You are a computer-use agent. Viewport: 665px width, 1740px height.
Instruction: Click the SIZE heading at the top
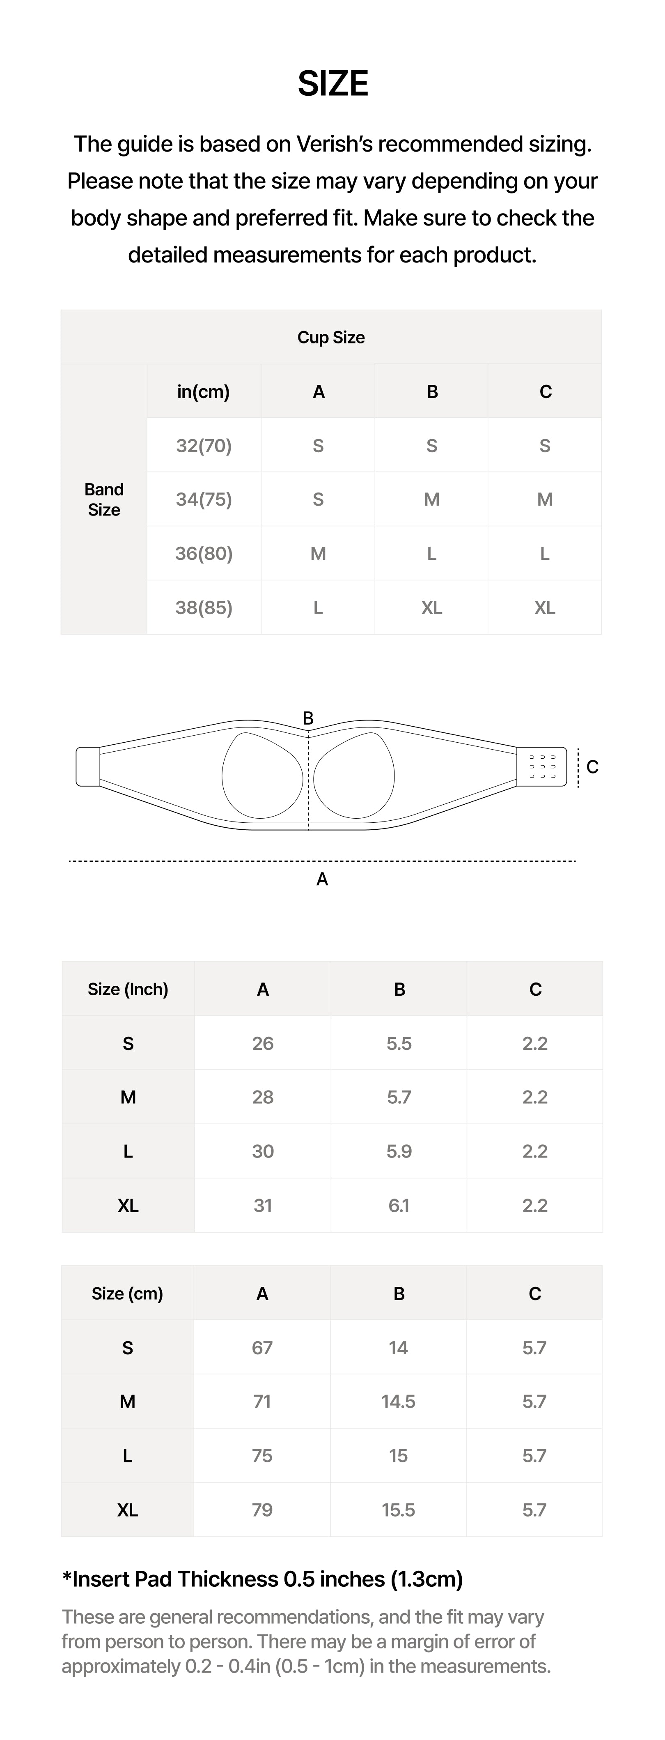[332, 84]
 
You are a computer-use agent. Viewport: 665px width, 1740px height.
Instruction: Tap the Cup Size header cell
[331, 337]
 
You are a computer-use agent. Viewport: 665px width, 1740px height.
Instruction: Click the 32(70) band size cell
[204, 446]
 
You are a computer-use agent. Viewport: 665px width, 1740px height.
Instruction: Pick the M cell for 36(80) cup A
[318, 554]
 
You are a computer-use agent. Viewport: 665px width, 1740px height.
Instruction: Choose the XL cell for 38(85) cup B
[431, 608]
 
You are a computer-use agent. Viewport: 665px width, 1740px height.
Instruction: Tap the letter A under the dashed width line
[322, 879]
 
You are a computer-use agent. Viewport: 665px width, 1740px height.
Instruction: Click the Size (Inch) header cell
[128, 990]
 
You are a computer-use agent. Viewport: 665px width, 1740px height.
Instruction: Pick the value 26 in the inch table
[263, 1044]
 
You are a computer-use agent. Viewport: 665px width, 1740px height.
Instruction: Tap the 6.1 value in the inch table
[399, 1206]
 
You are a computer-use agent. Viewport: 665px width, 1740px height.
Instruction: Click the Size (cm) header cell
[128, 1293]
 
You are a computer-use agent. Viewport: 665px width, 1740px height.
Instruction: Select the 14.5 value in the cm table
[398, 1402]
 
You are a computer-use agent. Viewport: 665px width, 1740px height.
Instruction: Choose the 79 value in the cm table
[262, 1510]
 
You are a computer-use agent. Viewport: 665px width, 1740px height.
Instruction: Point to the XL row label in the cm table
[128, 1510]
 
